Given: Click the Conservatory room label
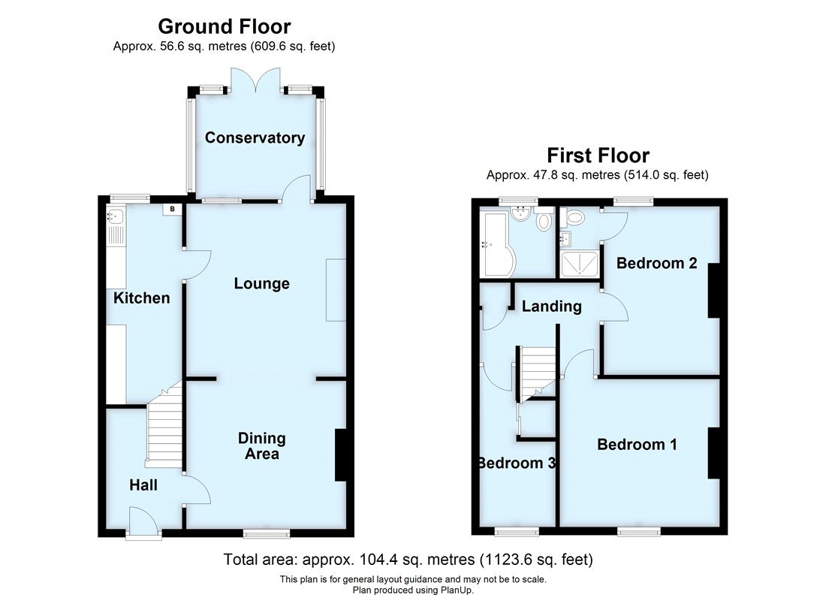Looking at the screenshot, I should tap(255, 137).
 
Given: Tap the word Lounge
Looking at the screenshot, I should tap(261, 283).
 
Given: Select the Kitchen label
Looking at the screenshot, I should tap(141, 298).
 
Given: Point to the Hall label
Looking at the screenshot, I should tap(143, 485).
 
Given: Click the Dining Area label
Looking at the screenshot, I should tap(261, 445).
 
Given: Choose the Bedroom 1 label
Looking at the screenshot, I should tap(637, 444).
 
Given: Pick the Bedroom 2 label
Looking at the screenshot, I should tap(656, 263).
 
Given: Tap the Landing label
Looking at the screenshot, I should tap(551, 306).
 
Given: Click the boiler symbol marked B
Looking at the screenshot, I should tap(172, 209).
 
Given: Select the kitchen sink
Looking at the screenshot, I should tap(115, 218).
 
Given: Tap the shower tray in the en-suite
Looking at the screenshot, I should tap(579, 262).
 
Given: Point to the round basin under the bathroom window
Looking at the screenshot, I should tap(518, 214).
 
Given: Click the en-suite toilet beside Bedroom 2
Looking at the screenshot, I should tap(575, 219).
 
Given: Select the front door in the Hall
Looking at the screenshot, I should tap(143, 523).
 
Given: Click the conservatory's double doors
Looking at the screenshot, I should tap(255, 78).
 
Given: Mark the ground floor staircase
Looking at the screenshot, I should tap(165, 428).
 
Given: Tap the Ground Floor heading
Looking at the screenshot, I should tap(224, 27).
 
